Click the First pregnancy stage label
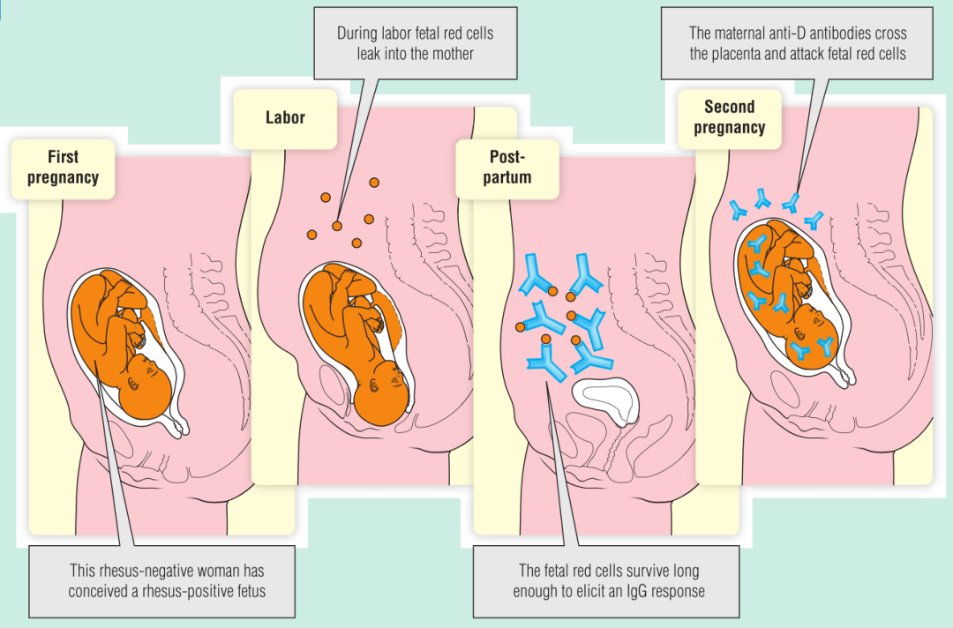[63, 168]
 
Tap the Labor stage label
[285, 118]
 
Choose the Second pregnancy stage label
[729, 117]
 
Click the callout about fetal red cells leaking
[415, 43]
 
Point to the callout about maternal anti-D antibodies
[798, 43]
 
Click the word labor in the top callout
[382, 34]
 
